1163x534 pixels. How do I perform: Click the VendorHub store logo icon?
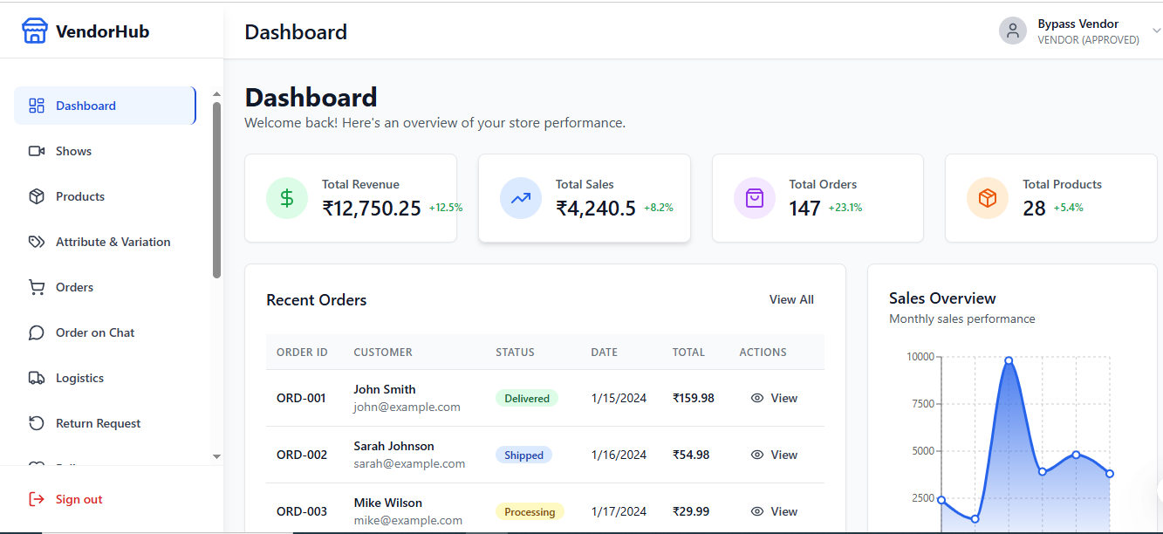click(x=34, y=31)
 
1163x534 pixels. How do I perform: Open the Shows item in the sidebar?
click(x=73, y=151)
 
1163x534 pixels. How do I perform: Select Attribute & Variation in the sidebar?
click(x=113, y=242)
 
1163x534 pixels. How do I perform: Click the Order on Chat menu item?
click(x=95, y=332)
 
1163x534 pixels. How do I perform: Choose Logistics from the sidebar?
click(x=79, y=378)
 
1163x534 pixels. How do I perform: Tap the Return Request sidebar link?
click(x=98, y=423)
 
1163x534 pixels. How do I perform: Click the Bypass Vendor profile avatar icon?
click(x=1012, y=31)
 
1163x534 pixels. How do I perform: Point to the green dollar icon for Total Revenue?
click(x=287, y=198)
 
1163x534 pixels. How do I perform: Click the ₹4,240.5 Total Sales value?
click(x=595, y=208)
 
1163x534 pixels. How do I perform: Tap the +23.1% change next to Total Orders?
click(x=845, y=208)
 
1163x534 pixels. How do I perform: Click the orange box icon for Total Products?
click(x=987, y=198)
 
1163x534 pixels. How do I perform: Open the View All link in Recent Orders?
click(x=790, y=299)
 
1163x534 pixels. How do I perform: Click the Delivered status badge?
click(x=526, y=398)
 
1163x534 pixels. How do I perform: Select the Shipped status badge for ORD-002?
click(x=523, y=455)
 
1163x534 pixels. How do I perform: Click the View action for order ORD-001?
click(x=774, y=398)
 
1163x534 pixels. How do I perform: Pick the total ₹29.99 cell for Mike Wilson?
click(x=690, y=511)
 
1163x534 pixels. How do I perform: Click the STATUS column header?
click(x=515, y=353)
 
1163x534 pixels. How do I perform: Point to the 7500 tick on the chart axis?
click(x=920, y=403)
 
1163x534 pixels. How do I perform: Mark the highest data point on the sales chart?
click(x=1009, y=360)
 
